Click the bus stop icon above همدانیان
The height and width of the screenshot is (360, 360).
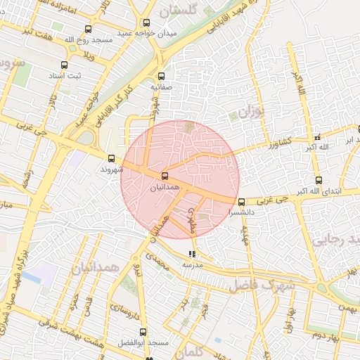[x=165, y=176]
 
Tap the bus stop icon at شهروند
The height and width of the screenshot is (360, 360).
[x=112, y=158]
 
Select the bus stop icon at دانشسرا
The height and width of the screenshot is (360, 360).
[x=242, y=202]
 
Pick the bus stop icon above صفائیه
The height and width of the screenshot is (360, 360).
[x=162, y=76]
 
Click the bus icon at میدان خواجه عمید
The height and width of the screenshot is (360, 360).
[x=147, y=22]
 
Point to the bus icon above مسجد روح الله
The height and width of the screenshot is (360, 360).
[x=87, y=30]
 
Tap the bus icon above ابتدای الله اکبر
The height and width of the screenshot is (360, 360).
[x=319, y=180]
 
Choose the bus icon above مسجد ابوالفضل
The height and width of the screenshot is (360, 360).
[x=143, y=332]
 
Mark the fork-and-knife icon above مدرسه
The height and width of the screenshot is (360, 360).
[x=193, y=254]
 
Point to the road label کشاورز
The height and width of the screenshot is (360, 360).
[x=262, y=146]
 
